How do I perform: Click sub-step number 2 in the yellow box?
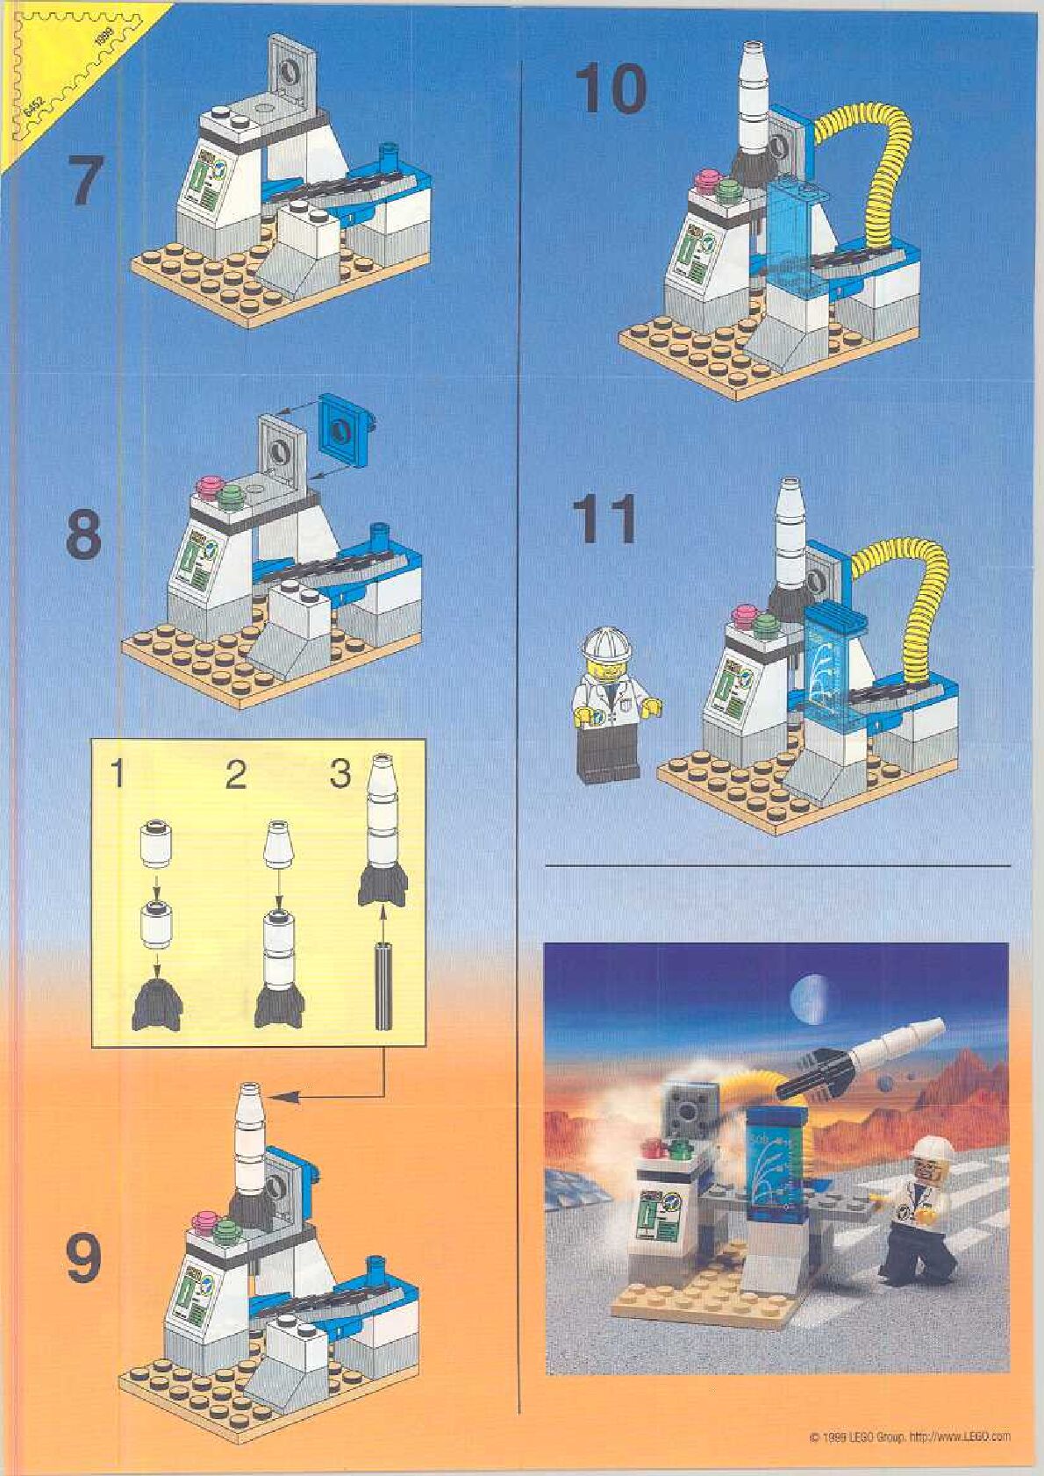[x=235, y=776]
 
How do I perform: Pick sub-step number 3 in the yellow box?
[x=340, y=774]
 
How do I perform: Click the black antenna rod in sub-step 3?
[x=383, y=985]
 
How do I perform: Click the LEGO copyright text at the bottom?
[x=910, y=1437]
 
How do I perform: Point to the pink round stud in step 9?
[x=208, y=1219]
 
